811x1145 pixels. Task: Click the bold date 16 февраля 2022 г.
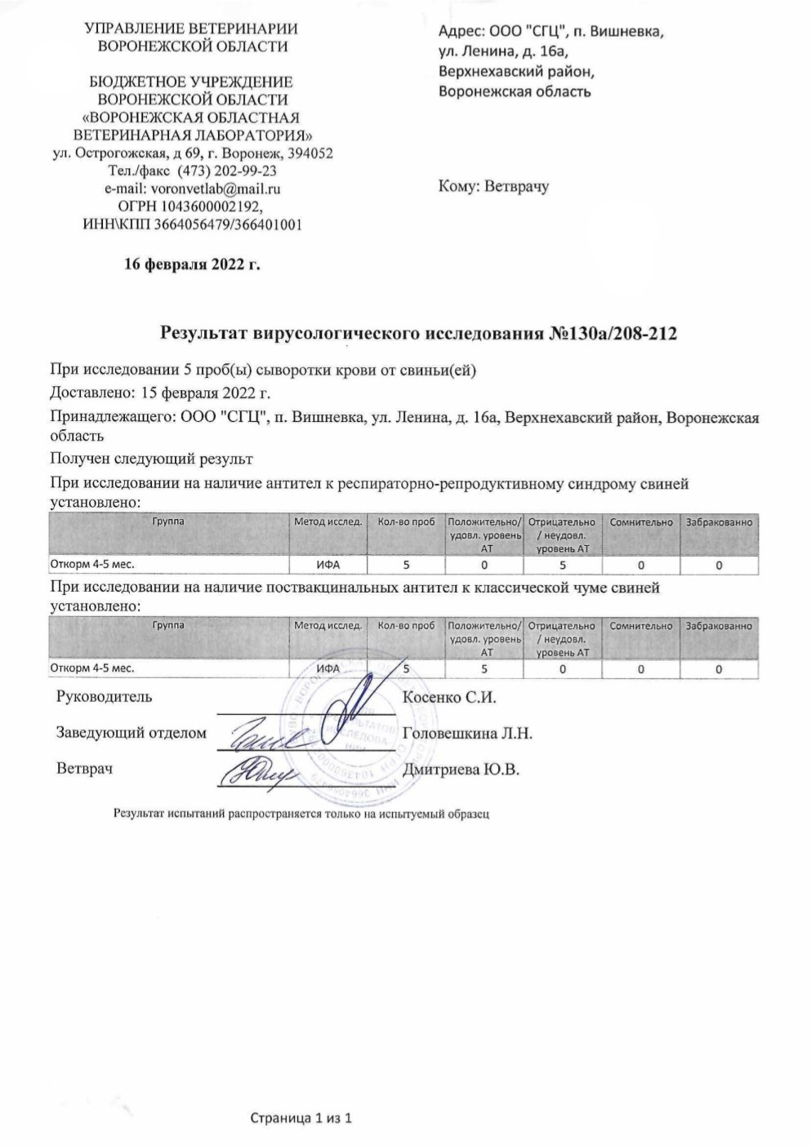pos(192,264)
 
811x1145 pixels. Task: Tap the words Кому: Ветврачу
pos(493,185)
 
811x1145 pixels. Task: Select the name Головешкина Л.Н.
pos(468,733)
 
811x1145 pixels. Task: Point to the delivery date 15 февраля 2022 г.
pos(205,393)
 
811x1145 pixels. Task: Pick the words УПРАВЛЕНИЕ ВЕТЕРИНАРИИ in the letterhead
pos(192,29)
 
